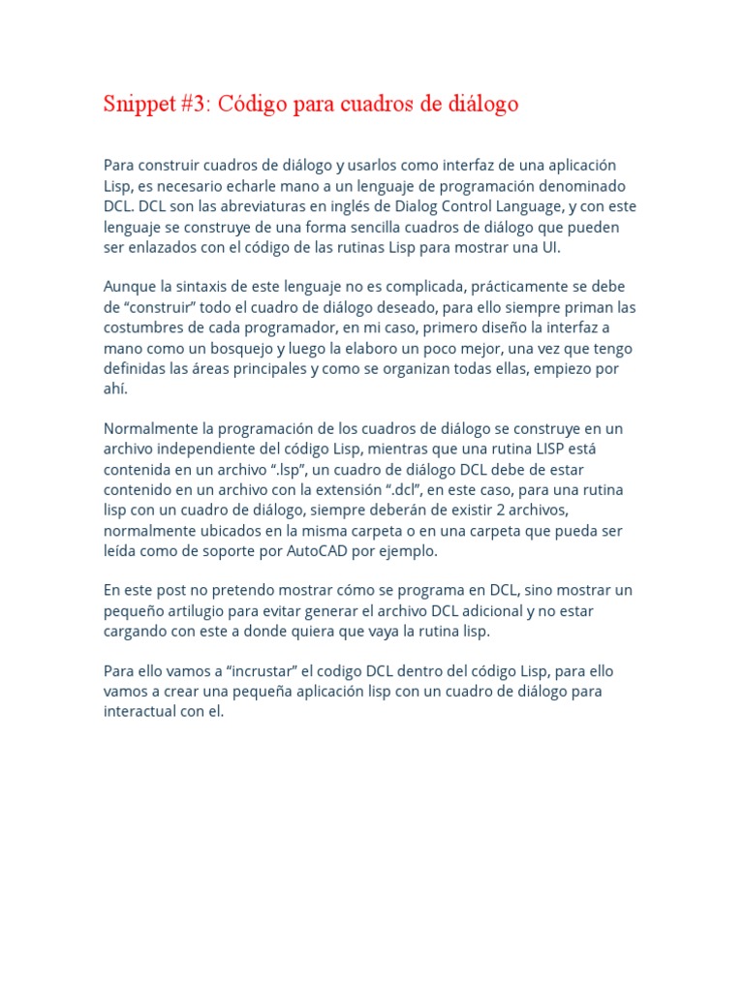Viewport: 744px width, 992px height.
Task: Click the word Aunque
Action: [129, 287]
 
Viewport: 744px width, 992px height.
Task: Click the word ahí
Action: [114, 388]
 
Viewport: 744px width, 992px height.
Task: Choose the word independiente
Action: [211, 449]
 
